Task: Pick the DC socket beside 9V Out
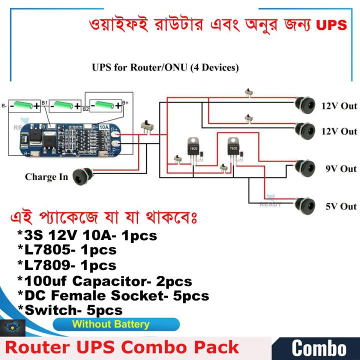click(x=304, y=166)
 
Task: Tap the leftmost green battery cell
click(x=24, y=105)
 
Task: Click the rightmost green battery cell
click(x=104, y=105)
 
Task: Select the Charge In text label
click(x=46, y=177)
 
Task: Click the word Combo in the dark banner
click(x=318, y=348)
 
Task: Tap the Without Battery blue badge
click(x=111, y=324)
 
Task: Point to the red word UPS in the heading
click(x=331, y=25)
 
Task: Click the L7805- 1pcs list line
click(x=66, y=249)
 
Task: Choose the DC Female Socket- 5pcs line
click(x=113, y=295)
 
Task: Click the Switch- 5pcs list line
click(x=70, y=310)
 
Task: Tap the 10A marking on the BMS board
click(x=104, y=127)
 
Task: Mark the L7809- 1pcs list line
click(x=66, y=265)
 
